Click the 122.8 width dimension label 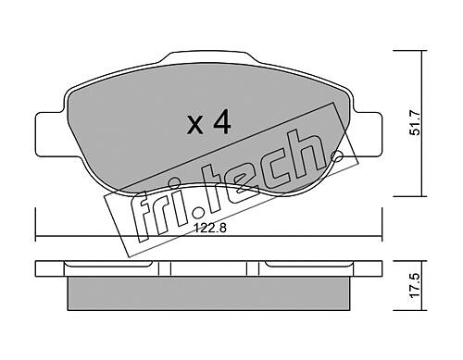(x=209, y=229)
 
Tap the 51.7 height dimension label (x=415, y=123)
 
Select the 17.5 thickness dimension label (x=416, y=285)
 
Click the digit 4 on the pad (x=222, y=122)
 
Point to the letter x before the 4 (x=195, y=126)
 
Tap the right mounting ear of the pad (x=367, y=134)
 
